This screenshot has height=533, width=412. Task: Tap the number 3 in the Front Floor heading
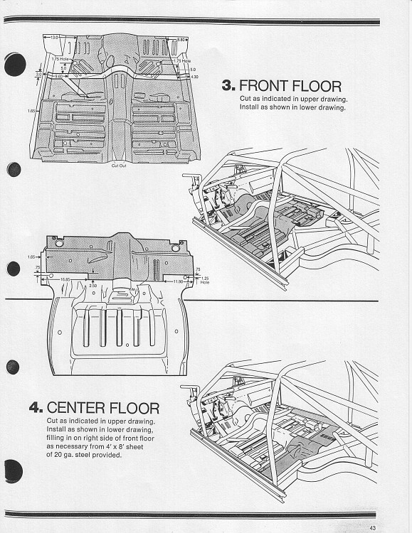click(x=228, y=87)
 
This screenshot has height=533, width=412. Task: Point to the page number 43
click(x=372, y=527)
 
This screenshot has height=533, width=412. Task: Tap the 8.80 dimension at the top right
click(x=182, y=40)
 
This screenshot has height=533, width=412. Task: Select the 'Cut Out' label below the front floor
click(x=119, y=165)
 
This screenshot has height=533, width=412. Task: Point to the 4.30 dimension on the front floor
click(x=195, y=76)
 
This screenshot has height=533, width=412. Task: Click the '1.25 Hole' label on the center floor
click(x=205, y=279)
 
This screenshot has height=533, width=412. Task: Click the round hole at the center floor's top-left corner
click(x=59, y=244)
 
